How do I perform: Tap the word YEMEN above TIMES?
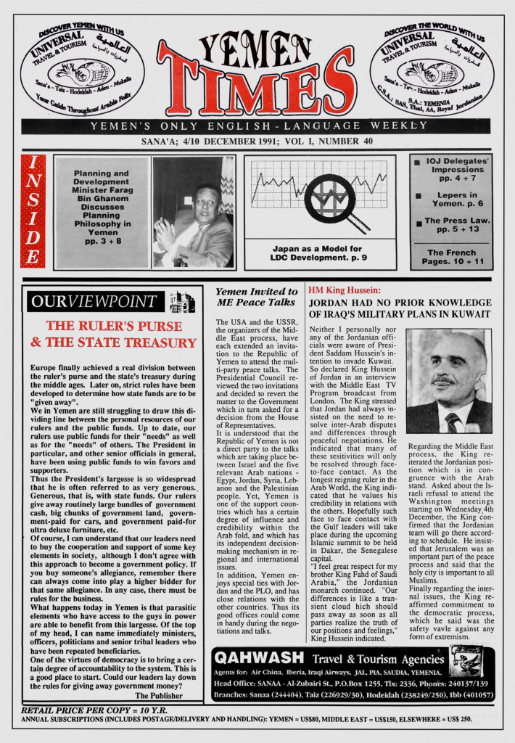point(255,49)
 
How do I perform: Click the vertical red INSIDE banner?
point(33,211)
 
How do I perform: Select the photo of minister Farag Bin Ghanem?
point(193,212)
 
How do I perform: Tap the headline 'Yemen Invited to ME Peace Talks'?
point(257,297)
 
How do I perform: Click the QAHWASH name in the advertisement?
point(259,657)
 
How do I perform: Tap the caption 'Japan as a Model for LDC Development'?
point(319,253)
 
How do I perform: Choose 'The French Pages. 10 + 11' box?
point(451,257)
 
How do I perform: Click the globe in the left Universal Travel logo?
point(82,73)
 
